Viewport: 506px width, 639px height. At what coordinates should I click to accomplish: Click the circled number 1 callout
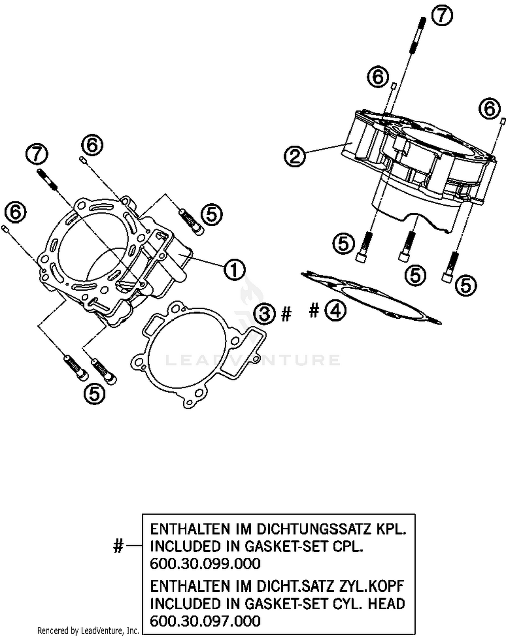(x=234, y=269)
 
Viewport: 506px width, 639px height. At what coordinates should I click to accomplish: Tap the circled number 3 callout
(x=265, y=314)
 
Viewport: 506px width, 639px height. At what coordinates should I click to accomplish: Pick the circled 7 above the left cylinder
(x=36, y=155)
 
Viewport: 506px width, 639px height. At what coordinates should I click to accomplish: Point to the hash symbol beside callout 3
(x=286, y=314)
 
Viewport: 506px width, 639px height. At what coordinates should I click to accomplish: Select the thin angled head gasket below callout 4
(x=371, y=297)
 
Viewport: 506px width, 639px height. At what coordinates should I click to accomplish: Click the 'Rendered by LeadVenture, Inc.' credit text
(x=88, y=630)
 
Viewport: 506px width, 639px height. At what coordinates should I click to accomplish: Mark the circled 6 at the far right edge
(x=489, y=109)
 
